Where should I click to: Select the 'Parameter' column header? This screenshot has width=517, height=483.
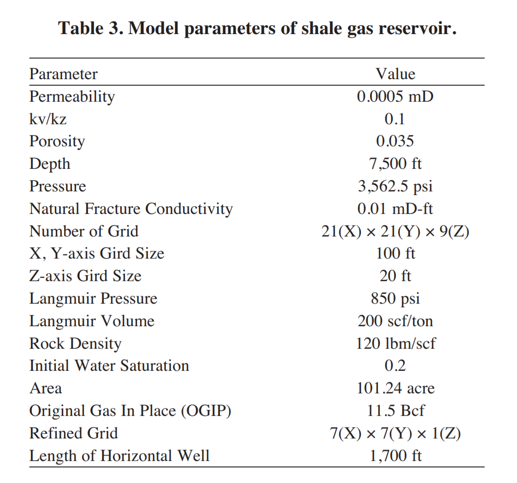click(63, 74)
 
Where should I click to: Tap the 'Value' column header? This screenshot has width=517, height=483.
click(395, 74)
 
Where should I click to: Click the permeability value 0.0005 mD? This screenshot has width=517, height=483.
click(395, 97)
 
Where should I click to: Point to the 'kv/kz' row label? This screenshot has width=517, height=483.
click(48, 119)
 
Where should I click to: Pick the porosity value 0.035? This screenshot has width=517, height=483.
click(395, 141)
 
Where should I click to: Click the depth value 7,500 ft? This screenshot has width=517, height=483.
click(395, 164)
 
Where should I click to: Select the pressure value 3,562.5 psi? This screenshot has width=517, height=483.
click(395, 186)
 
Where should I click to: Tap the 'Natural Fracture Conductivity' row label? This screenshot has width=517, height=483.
click(131, 209)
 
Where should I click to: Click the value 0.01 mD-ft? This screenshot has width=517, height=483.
click(395, 209)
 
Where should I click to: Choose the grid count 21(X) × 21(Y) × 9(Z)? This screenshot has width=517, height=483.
click(395, 231)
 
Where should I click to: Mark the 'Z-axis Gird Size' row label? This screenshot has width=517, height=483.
click(85, 276)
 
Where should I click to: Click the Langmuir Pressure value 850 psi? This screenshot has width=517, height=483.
click(395, 299)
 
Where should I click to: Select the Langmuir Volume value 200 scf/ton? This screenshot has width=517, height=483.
click(395, 321)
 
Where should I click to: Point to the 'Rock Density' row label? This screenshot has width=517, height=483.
click(75, 344)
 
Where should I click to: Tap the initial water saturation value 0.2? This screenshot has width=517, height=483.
click(395, 366)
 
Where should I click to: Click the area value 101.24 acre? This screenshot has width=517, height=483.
click(395, 388)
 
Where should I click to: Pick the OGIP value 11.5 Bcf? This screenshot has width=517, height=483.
click(395, 411)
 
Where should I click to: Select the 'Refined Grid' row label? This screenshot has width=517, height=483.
click(73, 433)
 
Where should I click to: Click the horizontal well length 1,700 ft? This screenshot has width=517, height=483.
click(395, 456)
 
